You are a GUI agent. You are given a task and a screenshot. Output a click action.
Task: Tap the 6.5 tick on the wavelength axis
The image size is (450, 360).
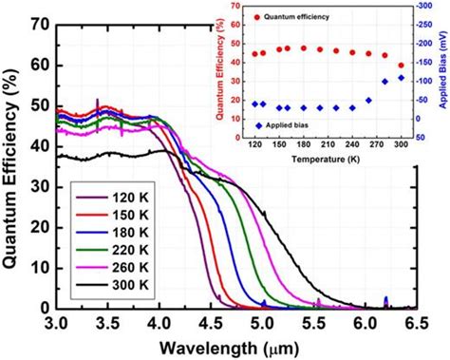coord(415,323)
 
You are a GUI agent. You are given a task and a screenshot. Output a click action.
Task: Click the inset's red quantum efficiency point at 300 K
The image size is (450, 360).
coord(401,66)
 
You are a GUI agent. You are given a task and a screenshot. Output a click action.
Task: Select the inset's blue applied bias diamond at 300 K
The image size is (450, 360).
coord(401,78)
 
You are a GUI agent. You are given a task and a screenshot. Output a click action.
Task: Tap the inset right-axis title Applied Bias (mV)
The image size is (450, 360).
coord(441,71)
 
